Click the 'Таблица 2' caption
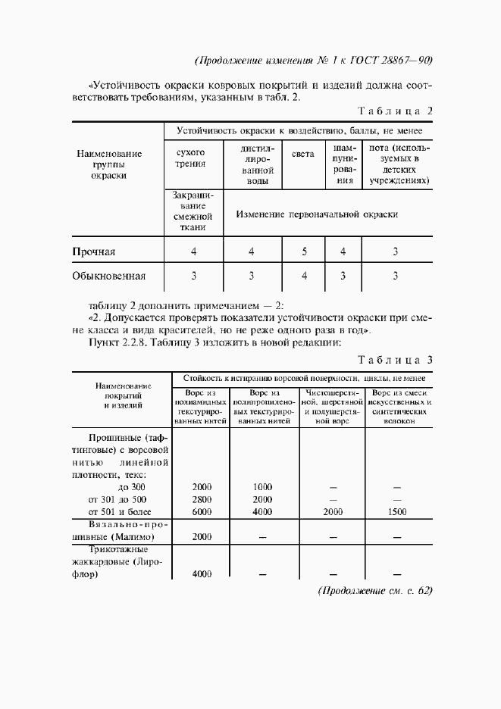(x=394, y=111)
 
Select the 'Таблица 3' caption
(x=394, y=359)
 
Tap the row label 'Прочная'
(x=93, y=251)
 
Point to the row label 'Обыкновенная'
(x=108, y=276)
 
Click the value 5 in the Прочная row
(x=304, y=251)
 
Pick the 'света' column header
(x=303, y=154)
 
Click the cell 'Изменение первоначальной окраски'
(x=317, y=214)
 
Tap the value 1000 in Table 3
(x=262, y=487)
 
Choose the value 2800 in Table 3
(x=202, y=500)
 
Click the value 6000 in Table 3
(x=202, y=513)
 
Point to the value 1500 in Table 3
(x=396, y=513)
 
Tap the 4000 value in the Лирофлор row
(x=202, y=575)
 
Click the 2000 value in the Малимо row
(x=202, y=537)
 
